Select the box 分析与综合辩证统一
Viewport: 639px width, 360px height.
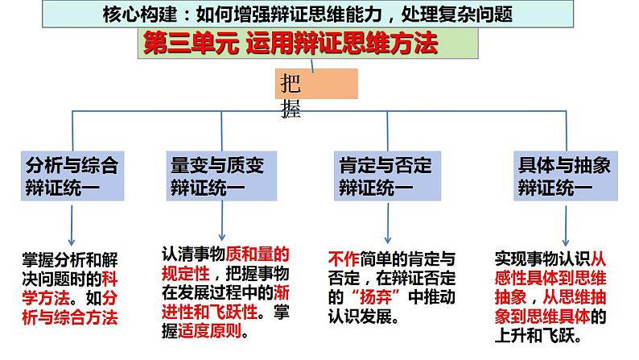pos(72,176)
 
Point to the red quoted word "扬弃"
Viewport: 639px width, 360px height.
pos(365,296)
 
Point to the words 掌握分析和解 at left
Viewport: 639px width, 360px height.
pos(70,259)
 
